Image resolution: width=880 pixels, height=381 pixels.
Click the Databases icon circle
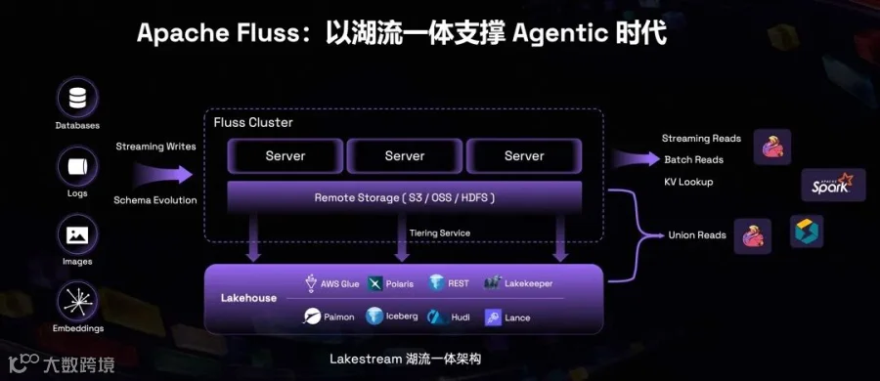[77, 98]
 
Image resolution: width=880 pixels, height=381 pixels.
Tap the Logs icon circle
[77, 167]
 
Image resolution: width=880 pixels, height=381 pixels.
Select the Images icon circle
[77, 234]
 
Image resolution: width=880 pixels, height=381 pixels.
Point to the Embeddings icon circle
[77, 301]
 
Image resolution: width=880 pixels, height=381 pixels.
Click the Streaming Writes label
[156, 147]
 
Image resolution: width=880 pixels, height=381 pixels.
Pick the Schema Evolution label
[155, 200]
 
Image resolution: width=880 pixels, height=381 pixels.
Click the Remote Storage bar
[405, 197]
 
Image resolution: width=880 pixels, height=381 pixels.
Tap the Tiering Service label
[440, 233]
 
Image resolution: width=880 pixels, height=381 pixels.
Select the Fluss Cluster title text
[253, 122]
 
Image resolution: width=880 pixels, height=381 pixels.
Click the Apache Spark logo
[833, 186]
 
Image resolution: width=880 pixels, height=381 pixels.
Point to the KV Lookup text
[688, 182]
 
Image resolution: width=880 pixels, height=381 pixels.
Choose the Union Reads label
[697, 235]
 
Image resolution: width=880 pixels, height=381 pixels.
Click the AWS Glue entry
[332, 283]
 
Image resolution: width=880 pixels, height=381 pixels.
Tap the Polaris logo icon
[374, 284]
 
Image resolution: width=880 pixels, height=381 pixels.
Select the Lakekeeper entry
[518, 283]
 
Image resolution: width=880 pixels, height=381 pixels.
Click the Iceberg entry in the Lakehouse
[392, 317]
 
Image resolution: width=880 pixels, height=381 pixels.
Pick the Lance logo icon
[494, 317]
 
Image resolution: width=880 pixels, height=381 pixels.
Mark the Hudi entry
[449, 317]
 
